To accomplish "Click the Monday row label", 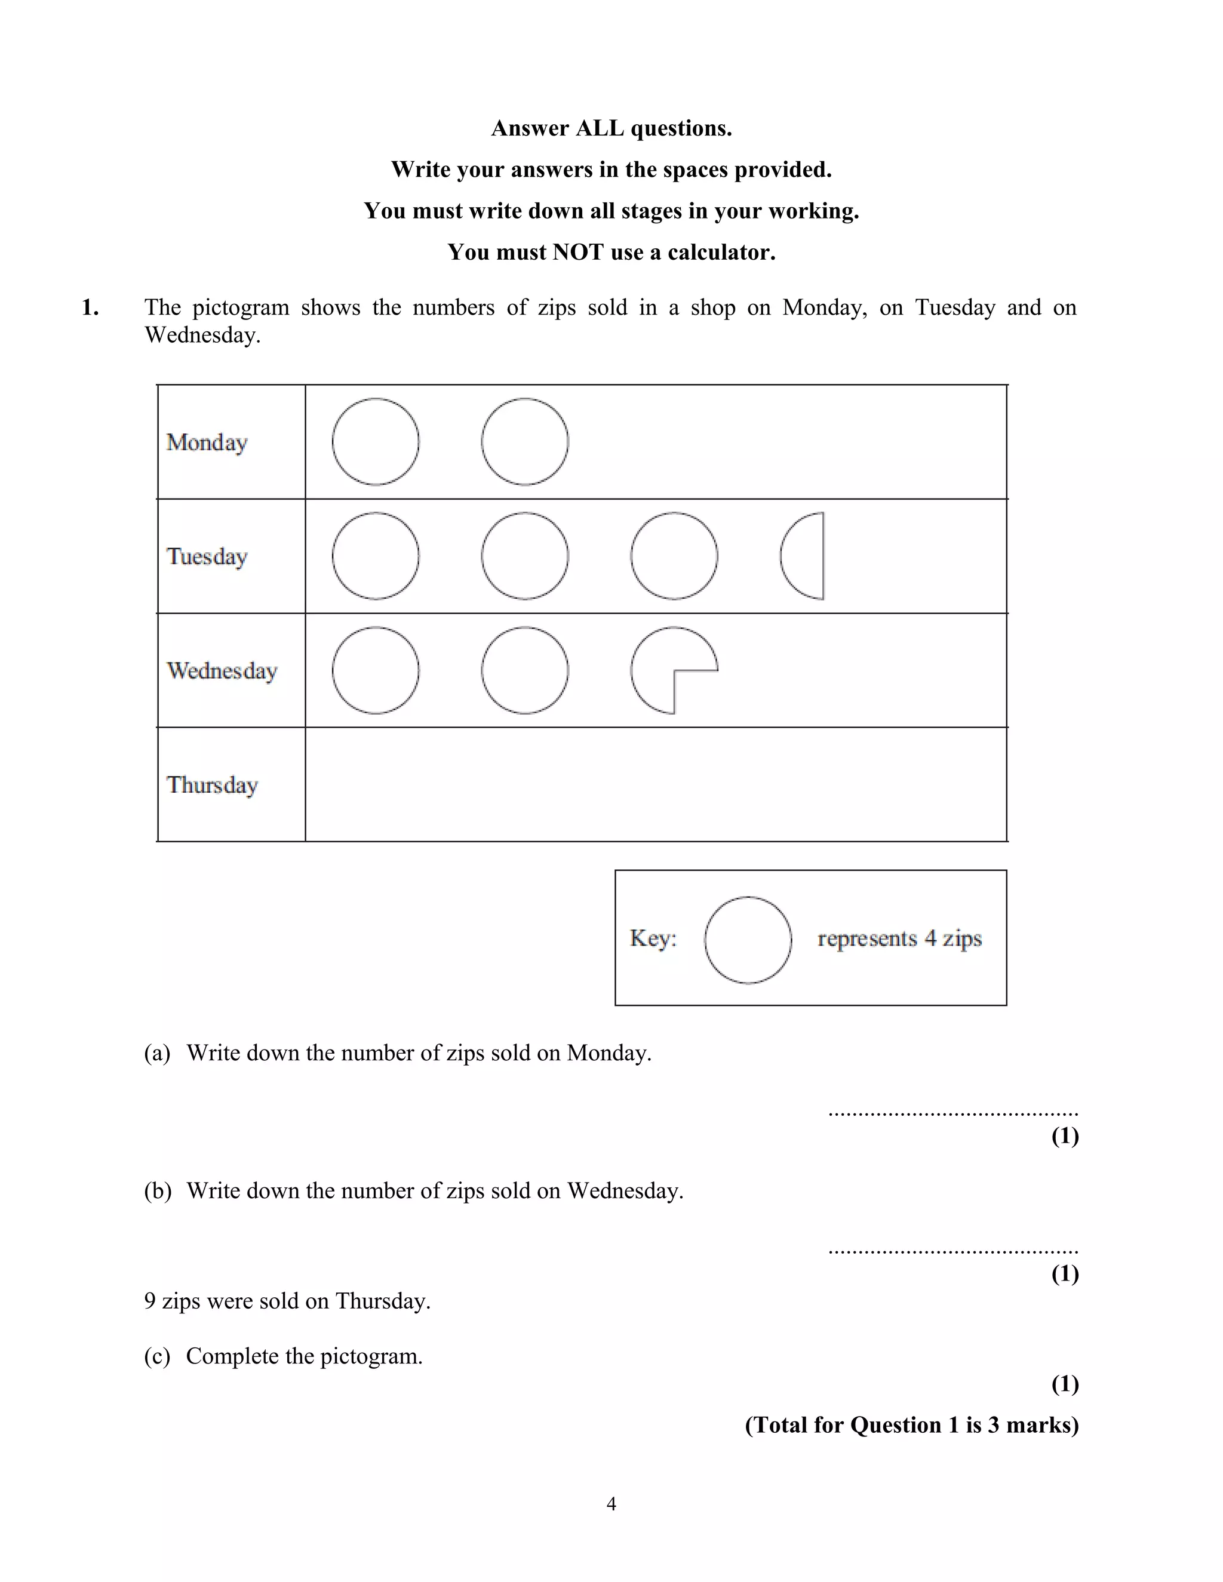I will click(x=207, y=442).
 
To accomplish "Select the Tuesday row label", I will click(x=207, y=556).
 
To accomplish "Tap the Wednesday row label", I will click(x=222, y=671).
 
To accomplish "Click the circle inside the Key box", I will click(x=748, y=940).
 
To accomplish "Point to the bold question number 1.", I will click(x=89, y=308).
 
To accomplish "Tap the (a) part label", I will click(x=157, y=1052).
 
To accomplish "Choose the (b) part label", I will click(x=157, y=1191).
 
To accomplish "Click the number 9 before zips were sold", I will click(x=150, y=1301).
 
